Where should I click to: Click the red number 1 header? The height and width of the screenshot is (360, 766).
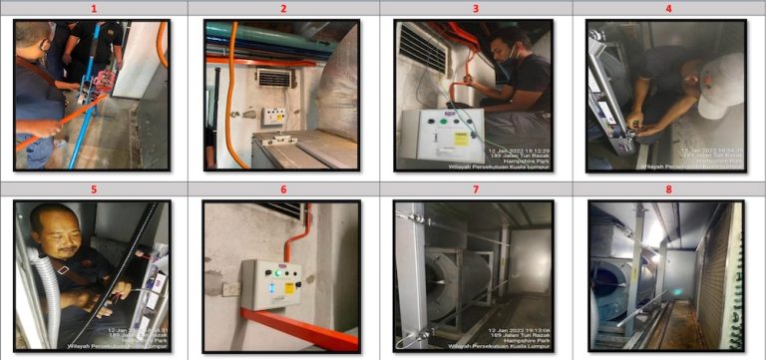(94, 8)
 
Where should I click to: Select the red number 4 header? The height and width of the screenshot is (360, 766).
(669, 8)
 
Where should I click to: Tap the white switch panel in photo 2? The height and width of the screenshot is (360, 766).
(272, 116)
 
